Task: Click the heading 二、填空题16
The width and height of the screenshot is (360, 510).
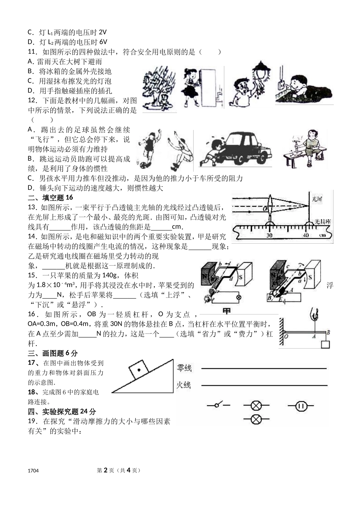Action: [x=50, y=197]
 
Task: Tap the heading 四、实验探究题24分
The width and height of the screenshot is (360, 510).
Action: [x=62, y=411]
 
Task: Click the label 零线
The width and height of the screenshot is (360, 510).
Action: [x=184, y=368]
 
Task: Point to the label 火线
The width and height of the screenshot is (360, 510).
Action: [x=184, y=385]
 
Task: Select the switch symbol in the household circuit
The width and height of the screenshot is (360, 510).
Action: [x=218, y=405]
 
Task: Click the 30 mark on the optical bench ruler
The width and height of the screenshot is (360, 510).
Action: [x=269, y=235]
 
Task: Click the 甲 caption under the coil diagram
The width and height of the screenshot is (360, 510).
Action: [x=227, y=311]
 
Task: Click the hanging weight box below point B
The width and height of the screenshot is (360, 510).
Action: [x=325, y=344]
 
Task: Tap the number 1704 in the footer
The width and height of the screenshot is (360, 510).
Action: [x=33, y=471]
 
